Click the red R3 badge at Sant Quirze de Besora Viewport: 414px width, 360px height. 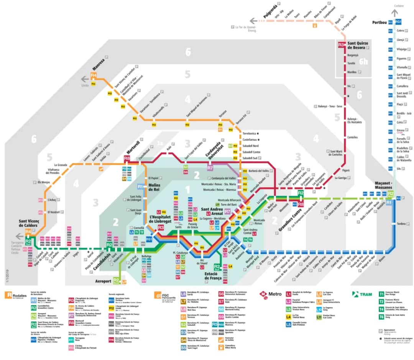pyautogui.click(x=341, y=45)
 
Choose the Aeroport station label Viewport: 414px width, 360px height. pyautogui.click(x=103, y=281)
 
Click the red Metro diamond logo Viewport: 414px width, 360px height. pyautogui.click(x=263, y=295)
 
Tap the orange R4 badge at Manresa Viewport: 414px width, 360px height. pyautogui.click(x=94, y=75)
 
